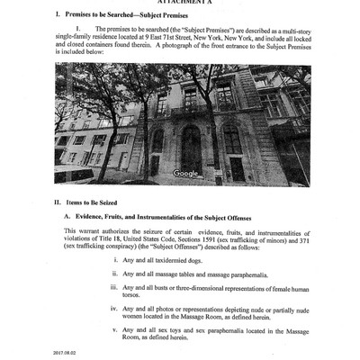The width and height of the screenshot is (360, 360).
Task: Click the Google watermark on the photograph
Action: tap(185, 173)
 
